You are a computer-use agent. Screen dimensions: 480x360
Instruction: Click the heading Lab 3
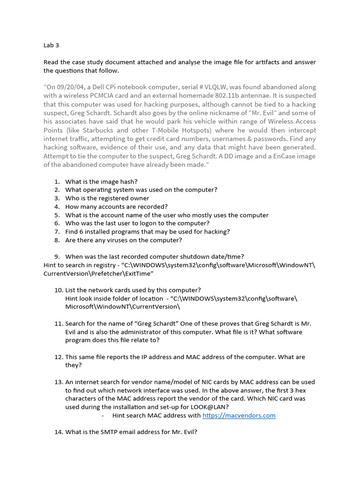tap(51, 46)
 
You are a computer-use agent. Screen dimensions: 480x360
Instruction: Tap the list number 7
tap(56, 232)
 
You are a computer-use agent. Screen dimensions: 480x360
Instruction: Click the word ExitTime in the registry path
tap(140, 273)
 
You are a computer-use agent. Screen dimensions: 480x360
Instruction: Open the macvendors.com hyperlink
tap(239, 415)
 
